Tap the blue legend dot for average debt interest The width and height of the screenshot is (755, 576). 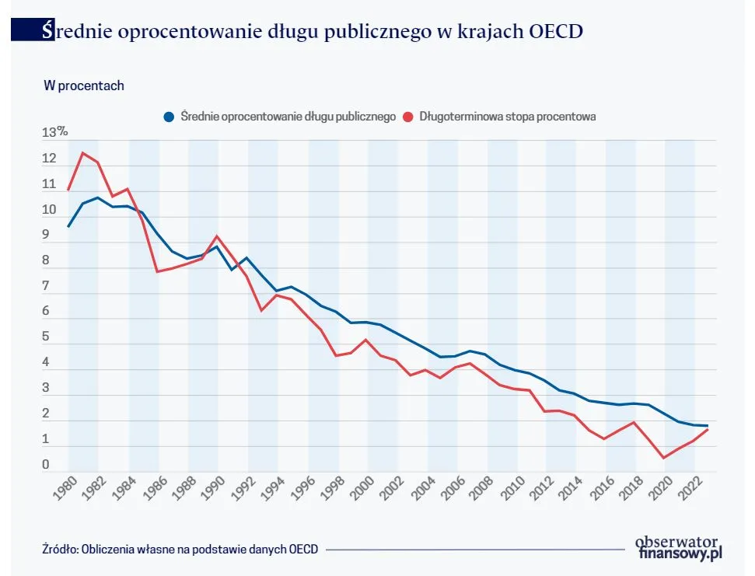coord(168,117)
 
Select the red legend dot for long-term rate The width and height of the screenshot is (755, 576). coord(407,117)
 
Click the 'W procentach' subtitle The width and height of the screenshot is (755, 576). coord(83,86)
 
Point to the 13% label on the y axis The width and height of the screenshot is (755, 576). coord(54,133)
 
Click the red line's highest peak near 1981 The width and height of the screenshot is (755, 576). coord(83,153)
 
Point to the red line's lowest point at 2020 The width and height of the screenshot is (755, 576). coord(663,458)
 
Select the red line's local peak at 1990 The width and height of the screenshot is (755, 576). coord(217,236)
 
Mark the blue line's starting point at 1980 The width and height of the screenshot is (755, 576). coord(68,226)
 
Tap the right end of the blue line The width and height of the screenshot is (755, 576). coord(707,425)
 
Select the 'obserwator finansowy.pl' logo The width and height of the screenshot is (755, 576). coord(674,547)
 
